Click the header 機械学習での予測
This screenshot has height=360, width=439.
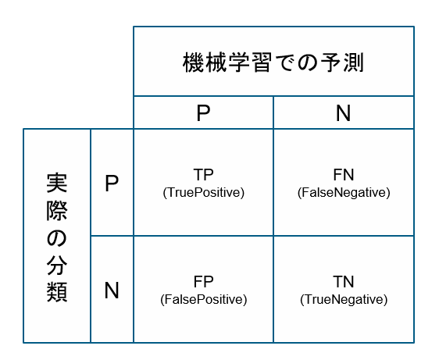point(273,62)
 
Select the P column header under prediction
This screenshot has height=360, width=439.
point(203,112)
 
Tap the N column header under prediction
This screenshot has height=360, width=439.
point(343,112)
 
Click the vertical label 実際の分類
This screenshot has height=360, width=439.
point(57,237)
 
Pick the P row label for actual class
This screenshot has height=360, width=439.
point(112,183)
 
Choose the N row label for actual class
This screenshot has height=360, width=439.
point(112,290)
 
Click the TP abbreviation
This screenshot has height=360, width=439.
point(204,175)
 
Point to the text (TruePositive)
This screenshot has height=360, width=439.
point(204,193)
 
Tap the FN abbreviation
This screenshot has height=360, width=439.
point(344,175)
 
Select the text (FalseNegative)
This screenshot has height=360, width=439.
point(344,193)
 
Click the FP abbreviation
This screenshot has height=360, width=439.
point(204,282)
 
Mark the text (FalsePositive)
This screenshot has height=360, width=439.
point(204,300)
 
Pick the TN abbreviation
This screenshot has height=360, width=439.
point(344,282)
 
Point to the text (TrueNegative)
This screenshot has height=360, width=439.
point(344,300)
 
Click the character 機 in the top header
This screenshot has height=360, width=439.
point(193,62)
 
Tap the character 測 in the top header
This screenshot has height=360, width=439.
point(354,62)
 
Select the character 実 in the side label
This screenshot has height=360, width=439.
point(57,183)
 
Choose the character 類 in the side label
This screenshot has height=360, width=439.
point(57,292)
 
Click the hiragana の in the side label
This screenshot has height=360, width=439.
point(57,238)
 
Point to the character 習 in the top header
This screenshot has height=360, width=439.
point(262,62)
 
